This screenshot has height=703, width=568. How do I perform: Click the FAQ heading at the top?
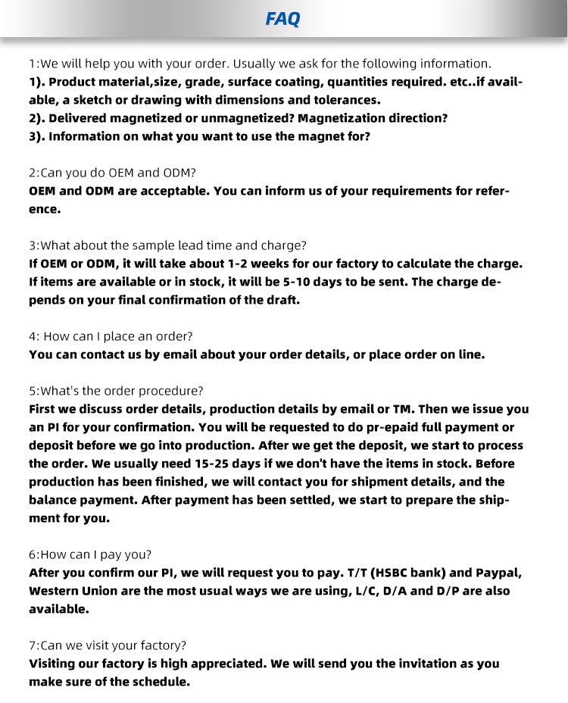pos(282,20)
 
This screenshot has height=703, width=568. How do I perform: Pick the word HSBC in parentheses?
pos(392,573)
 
